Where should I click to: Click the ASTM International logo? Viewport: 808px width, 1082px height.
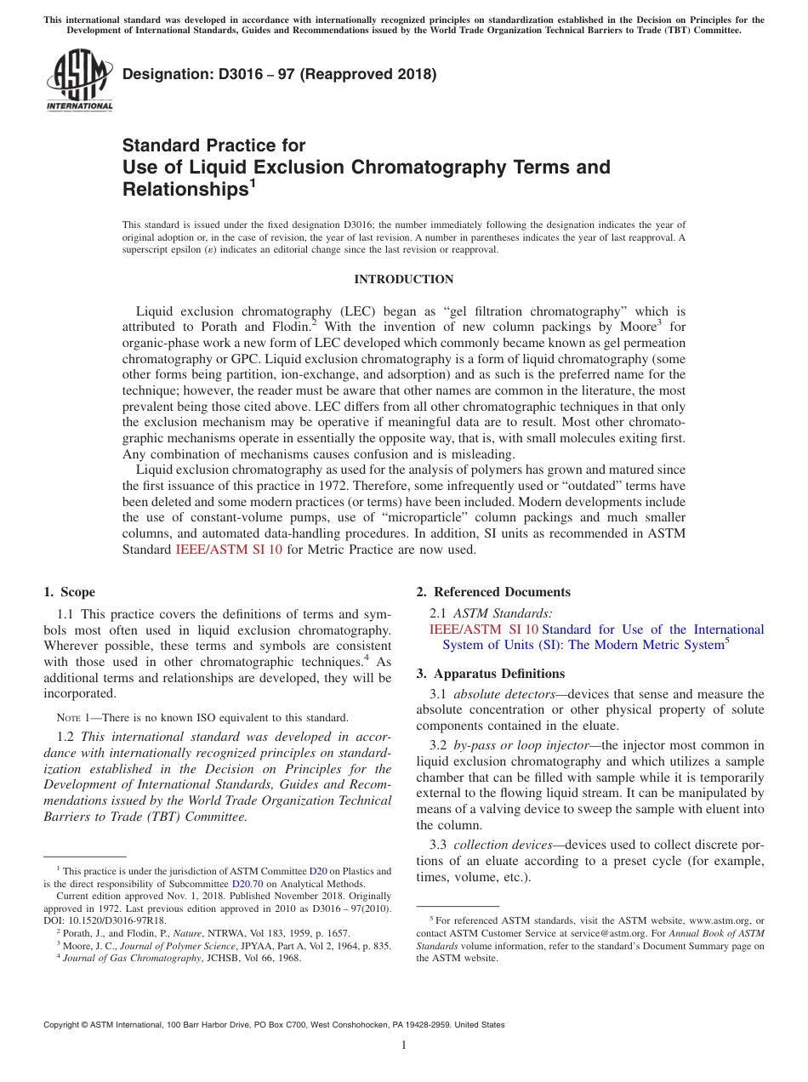[x=79, y=81]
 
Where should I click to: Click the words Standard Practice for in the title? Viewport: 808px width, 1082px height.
[x=213, y=145]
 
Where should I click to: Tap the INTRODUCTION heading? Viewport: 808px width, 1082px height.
[x=403, y=279]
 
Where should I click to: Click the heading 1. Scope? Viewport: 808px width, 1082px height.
[x=69, y=592]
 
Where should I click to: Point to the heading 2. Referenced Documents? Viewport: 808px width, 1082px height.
[x=493, y=592]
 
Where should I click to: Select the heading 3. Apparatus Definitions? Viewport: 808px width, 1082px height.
[x=490, y=674]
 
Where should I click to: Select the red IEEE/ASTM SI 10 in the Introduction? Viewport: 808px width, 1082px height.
[x=229, y=550]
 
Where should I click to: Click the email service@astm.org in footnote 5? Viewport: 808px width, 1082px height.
[x=587, y=933]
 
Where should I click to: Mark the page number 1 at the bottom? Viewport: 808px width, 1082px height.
[x=404, y=1045]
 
